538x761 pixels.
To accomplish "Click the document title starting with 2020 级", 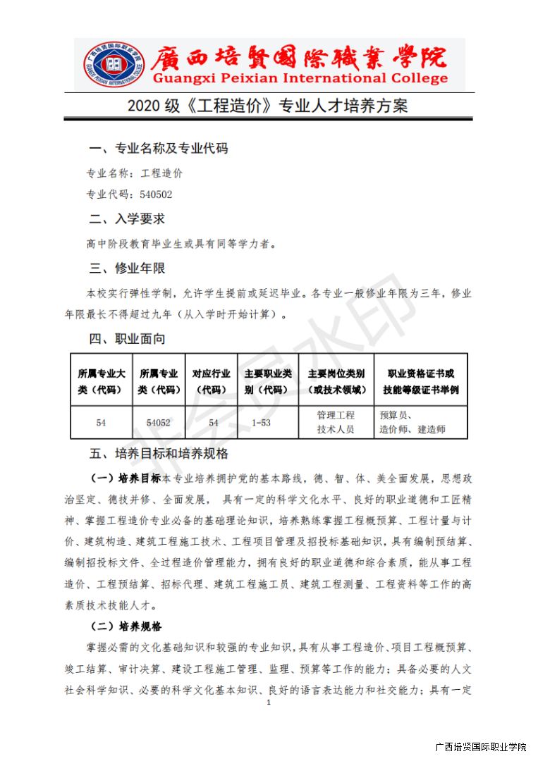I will [268, 106].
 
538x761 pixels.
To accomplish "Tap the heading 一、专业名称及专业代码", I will [158, 149].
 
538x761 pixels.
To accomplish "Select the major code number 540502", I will [156, 194].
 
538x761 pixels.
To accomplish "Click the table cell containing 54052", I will [158, 423].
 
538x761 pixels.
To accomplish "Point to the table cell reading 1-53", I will [261, 423].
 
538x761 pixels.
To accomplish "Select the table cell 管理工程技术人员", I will [336, 422].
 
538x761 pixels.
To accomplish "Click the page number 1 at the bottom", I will [269, 703].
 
